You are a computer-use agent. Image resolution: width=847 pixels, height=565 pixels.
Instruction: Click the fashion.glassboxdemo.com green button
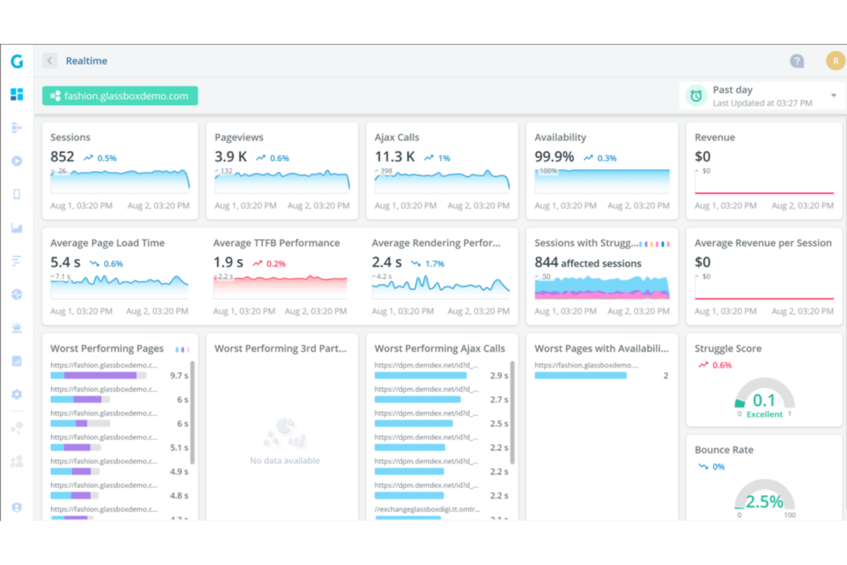click(120, 96)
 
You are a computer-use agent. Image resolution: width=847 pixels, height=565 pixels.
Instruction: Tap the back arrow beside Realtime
click(50, 61)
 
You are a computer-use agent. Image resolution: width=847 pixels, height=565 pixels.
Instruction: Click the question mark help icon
click(797, 61)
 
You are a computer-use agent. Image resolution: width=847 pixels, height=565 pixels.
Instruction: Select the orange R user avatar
click(835, 61)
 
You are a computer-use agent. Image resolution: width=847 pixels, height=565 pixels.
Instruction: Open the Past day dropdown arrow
click(833, 96)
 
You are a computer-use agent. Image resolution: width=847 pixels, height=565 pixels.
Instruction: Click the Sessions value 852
click(62, 157)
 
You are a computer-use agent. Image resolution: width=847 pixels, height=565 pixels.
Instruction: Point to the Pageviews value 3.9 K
click(231, 157)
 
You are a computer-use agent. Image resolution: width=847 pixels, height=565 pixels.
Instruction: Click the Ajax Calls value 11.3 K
click(394, 157)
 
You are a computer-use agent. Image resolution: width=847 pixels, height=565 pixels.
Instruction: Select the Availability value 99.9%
click(554, 157)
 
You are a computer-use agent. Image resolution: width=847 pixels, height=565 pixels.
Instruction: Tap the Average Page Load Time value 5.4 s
click(65, 263)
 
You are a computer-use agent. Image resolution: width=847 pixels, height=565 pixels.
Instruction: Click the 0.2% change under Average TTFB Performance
click(276, 264)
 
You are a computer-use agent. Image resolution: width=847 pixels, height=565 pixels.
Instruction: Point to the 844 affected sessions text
click(588, 263)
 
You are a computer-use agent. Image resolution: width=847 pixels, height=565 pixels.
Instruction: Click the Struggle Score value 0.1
click(764, 400)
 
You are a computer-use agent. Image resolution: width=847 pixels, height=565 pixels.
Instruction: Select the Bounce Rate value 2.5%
click(764, 502)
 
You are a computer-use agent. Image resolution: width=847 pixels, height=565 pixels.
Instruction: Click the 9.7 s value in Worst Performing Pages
click(179, 376)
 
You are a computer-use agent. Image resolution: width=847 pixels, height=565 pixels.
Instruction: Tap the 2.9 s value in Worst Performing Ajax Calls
click(499, 376)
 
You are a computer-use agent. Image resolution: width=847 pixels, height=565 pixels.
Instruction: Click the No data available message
click(284, 461)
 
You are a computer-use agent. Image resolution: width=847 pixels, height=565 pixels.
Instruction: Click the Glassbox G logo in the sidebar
click(17, 61)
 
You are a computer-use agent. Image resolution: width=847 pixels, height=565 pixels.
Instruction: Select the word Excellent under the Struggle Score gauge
click(764, 414)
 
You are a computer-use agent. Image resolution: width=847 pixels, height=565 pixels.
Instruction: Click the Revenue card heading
click(715, 137)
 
